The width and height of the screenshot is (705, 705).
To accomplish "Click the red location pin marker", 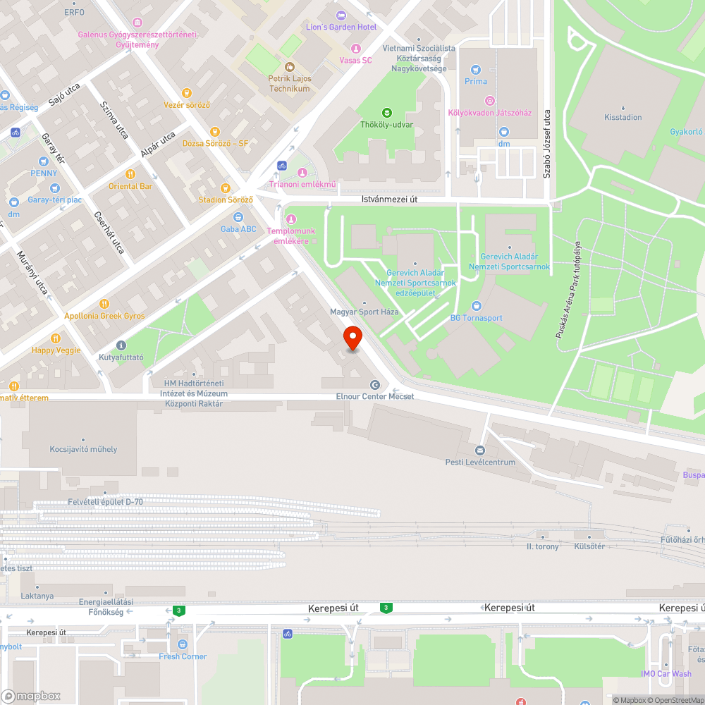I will coord(352,339).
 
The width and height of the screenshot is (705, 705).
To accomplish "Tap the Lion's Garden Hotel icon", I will coord(342,16).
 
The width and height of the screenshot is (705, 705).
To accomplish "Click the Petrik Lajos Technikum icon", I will coord(289,67).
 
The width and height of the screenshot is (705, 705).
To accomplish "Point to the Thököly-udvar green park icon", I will coord(386,113).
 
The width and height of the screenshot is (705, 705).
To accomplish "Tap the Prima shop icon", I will coord(476,69).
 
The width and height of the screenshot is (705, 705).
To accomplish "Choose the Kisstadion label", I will coord(623,117).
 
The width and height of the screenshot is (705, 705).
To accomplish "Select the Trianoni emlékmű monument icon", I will coord(302,173).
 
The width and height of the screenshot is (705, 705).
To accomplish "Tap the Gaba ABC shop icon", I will coord(238,218).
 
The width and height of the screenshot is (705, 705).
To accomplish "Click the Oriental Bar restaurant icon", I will coord(130,174).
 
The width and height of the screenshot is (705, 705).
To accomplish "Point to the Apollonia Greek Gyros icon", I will coord(104,304).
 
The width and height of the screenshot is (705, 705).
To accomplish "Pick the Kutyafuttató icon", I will coord(121,345).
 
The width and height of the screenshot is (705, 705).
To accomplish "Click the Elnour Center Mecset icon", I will coord(374,385).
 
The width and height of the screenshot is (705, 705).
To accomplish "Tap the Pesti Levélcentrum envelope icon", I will coord(481,450).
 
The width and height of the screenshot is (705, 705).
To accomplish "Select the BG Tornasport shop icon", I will coord(477,306).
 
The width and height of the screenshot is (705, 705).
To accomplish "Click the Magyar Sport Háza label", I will coord(364,312).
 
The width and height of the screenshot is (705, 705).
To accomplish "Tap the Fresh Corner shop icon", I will coord(183,644).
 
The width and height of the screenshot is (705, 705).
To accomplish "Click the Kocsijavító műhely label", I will coord(83,449).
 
